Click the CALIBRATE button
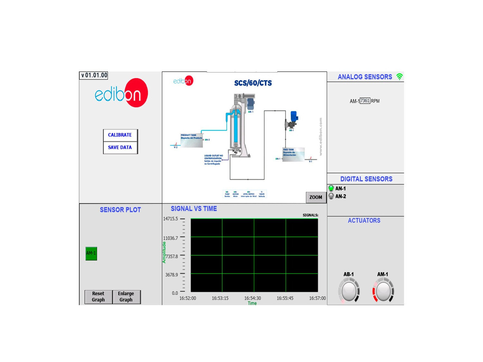(x=120, y=135)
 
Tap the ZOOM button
(x=316, y=197)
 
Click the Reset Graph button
(x=98, y=297)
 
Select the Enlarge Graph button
(x=126, y=297)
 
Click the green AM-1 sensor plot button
(x=91, y=253)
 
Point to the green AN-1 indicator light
(x=331, y=188)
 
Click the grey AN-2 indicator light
(x=331, y=196)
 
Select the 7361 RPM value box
(x=365, y=101)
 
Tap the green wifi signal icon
(x=399, y=77)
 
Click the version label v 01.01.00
(x=94, y=75)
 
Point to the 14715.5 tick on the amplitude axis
(x=170, y=219)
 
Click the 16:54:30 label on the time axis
(x=252, y=298)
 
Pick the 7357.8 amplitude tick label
(x=172, y=256)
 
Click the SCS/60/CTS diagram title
(x=253, y=83)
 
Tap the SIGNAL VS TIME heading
(x=194, y=209)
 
